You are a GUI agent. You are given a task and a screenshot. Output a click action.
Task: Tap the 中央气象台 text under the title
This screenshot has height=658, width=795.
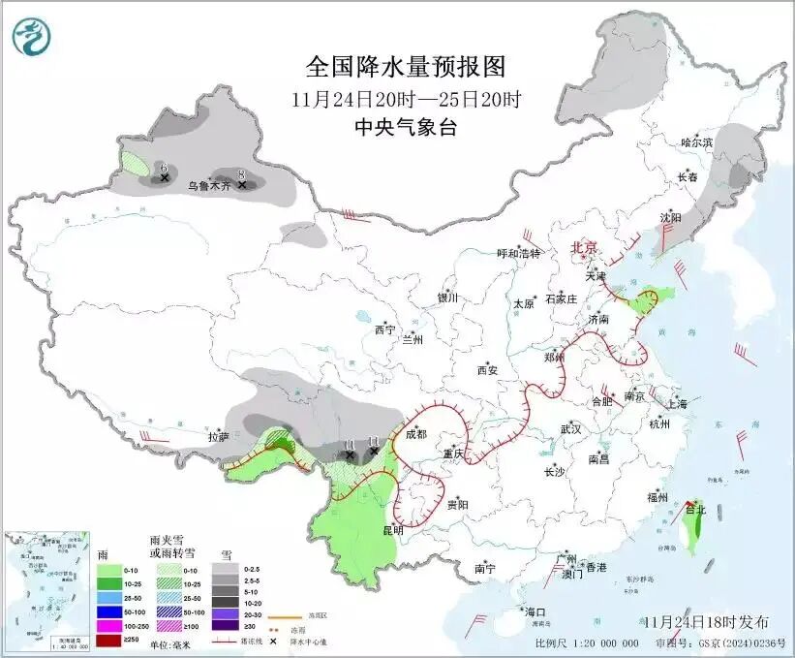(406, 127)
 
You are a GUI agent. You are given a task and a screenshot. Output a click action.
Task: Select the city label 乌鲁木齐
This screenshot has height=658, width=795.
(209, 184)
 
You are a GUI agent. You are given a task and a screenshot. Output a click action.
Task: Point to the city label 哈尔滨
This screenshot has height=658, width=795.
(696, 142)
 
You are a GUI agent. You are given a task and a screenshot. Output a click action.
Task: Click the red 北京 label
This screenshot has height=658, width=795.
(584, 247)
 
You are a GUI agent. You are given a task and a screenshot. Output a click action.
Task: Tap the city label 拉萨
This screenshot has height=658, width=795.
(218, 437)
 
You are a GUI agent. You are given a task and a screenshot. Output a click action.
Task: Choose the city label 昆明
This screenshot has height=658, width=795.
(393, 531)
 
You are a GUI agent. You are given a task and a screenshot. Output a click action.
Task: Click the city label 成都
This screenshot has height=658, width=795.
(416, 435)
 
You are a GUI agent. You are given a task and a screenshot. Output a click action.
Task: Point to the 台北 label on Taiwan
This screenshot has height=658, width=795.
(695, 509)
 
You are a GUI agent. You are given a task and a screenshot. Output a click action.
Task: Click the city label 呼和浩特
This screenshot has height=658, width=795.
(519, 253)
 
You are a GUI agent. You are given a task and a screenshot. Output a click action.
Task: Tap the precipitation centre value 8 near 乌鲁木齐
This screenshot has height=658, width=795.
(240, 173)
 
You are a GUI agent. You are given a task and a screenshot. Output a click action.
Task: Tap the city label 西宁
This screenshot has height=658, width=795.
(384, 329)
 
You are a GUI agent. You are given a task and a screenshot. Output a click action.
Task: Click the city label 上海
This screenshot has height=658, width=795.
(677, 403)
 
